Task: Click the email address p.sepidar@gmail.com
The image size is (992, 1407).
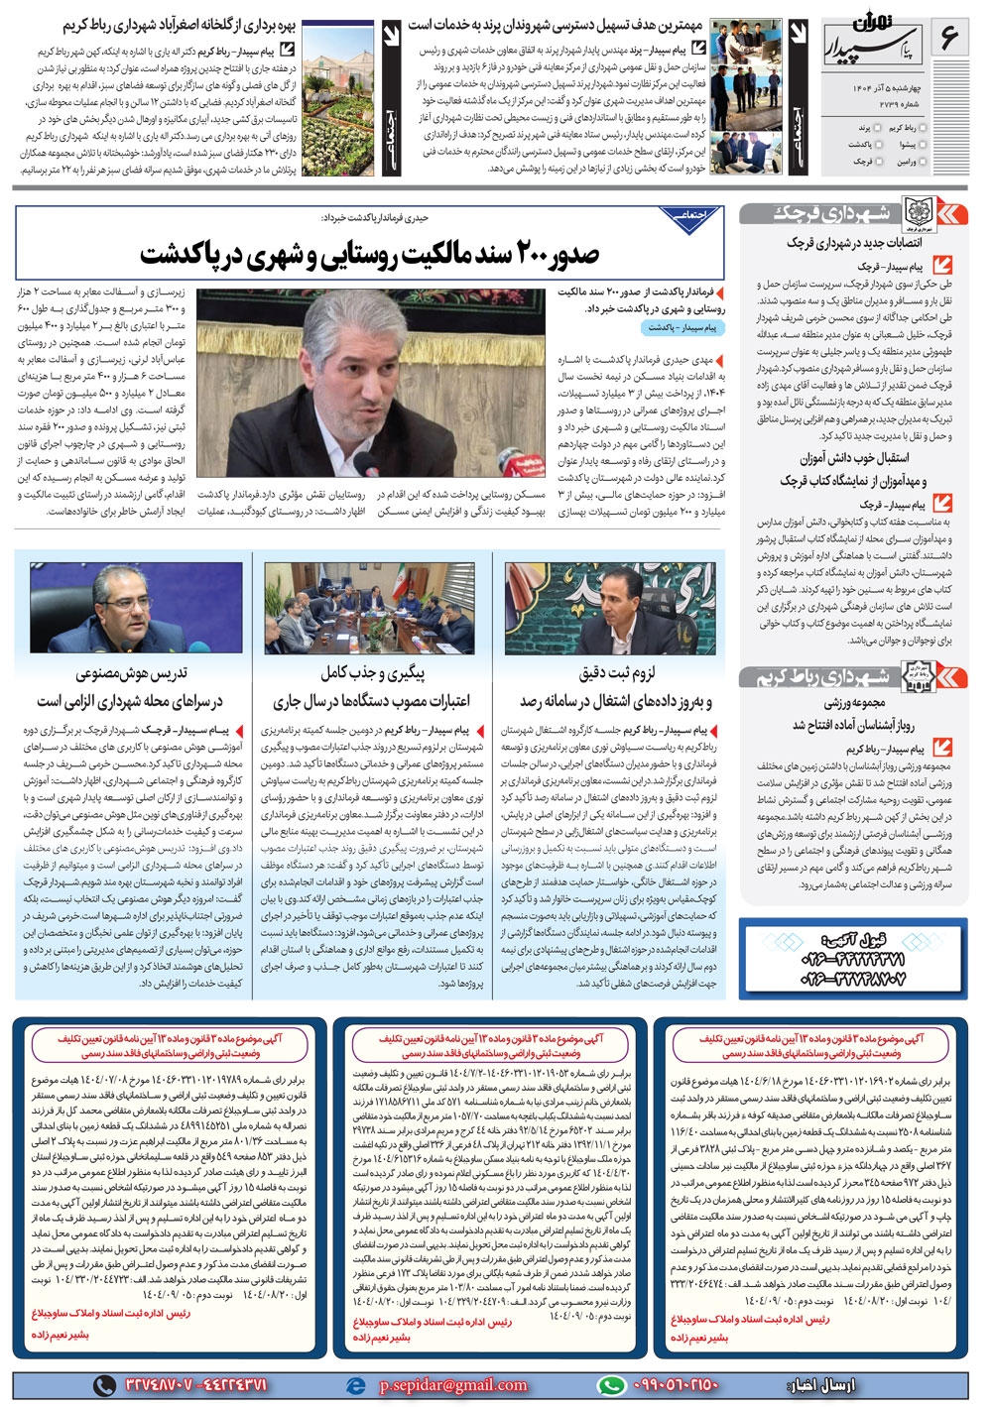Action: (x=452, y=1385)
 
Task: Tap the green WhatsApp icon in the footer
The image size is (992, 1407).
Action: (x=611, y=1385)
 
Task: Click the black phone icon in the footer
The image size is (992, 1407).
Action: (x=104, y=1385)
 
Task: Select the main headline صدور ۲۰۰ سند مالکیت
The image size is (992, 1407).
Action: (x=369, y=255)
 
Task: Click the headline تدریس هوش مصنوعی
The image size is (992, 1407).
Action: (x=131, y=675)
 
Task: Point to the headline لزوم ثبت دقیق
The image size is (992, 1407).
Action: (x=616, y=675)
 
